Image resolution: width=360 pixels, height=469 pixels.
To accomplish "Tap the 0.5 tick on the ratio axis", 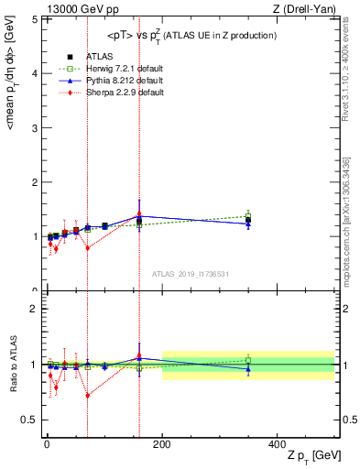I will point(32,420).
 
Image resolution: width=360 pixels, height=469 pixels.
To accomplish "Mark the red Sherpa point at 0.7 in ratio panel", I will point(88,396).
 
